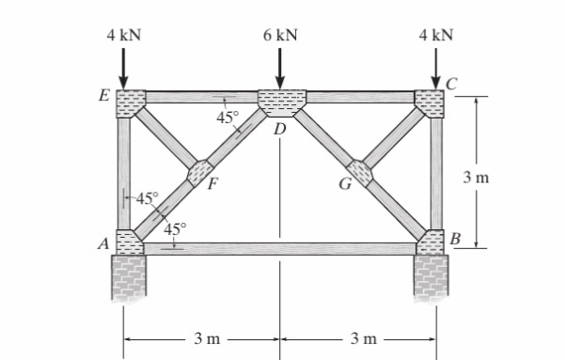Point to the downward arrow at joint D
point(280,68)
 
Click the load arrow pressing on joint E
point(125,68)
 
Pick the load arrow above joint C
point(436,68)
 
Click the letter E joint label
point(103,96)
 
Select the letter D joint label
point(279,129)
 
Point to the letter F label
point(213,184)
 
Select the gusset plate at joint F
point(200,173)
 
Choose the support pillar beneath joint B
point(432,276)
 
